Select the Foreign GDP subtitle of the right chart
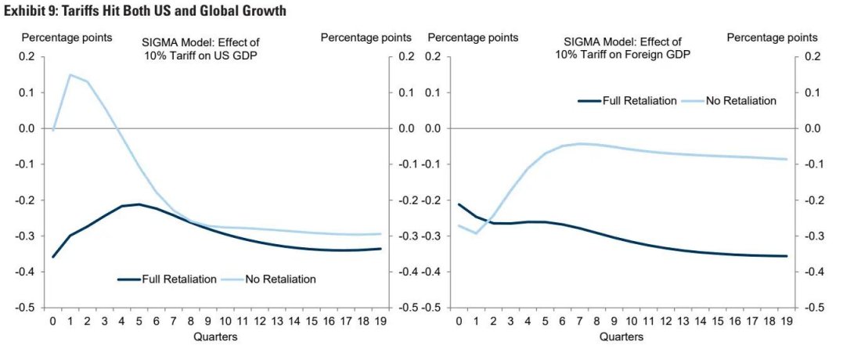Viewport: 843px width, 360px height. [622, 49]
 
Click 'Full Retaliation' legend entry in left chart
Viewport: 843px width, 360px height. [178, 279]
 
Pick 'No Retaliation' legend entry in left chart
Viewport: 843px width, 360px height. [280, 279]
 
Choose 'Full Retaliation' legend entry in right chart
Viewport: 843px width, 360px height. [639, 100]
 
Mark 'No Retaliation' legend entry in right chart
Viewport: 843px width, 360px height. [739, 100]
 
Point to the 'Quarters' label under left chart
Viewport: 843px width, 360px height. [215, 337]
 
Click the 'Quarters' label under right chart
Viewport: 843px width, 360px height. [621, 337]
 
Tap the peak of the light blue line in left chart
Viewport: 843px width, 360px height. [70, 75]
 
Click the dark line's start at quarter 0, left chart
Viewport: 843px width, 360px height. [53, 257]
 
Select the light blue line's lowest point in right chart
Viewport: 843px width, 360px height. [476, 233]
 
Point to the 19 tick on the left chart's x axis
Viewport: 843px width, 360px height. [379, 322]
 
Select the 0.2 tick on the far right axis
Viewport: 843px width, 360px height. [812, 56]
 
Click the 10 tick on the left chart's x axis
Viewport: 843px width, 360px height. [225, 322]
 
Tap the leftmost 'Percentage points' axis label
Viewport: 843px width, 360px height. [67, 37]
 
